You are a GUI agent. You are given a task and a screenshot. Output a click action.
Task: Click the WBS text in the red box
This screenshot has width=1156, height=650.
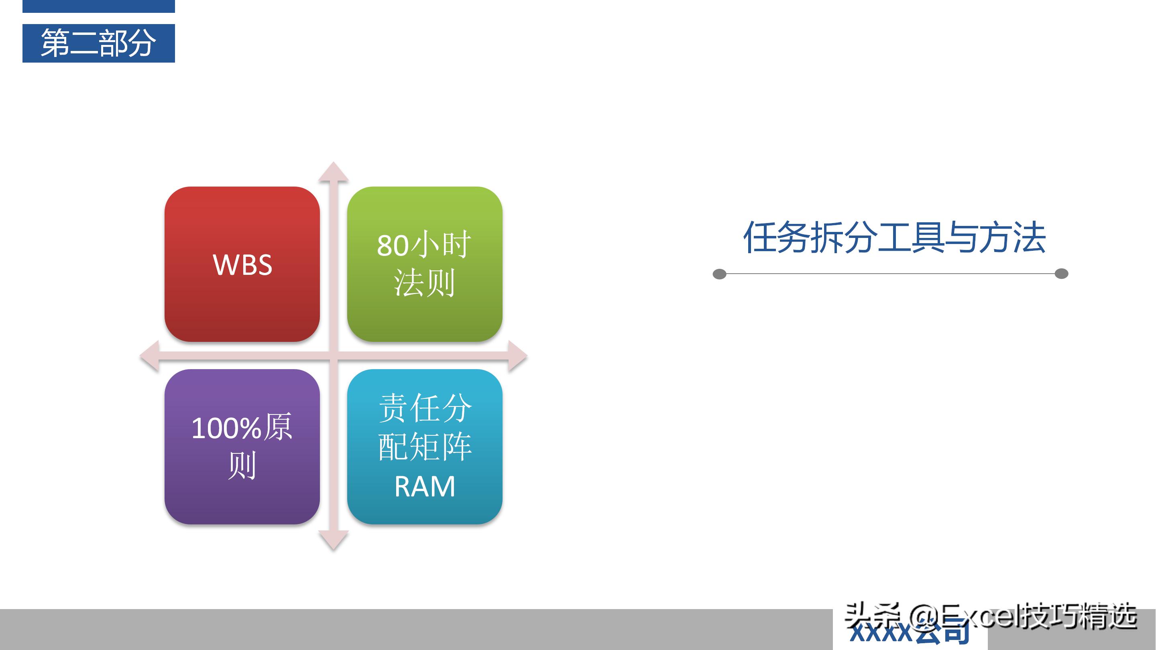(x=242, y=265)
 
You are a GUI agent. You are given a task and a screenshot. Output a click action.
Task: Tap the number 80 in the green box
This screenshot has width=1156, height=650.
(x=392, y=246)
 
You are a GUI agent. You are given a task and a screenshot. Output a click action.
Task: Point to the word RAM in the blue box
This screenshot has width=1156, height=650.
(x=425, y=487)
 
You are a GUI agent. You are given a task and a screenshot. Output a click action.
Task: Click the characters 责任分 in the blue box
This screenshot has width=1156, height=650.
(x=425, y=408)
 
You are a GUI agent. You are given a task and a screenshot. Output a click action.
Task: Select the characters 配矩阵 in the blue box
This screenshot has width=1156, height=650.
(x=425, y=447)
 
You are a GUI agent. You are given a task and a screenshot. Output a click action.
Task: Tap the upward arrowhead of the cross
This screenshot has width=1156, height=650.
(x=334, y=172)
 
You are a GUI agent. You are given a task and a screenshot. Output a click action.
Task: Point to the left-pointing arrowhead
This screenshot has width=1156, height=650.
(x=150, y=356)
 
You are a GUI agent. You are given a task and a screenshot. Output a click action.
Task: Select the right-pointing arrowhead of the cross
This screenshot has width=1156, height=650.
(x=517, y=356)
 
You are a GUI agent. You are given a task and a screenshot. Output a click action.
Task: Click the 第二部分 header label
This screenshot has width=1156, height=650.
(x=98, y=43)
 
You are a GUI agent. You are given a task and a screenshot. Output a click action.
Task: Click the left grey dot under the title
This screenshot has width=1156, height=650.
(x=719, y=274)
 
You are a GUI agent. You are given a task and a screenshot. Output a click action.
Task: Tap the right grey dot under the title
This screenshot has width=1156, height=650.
(x=1061, y=274)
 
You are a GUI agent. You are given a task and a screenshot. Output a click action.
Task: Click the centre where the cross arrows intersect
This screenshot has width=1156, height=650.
(x=334, y=356)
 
